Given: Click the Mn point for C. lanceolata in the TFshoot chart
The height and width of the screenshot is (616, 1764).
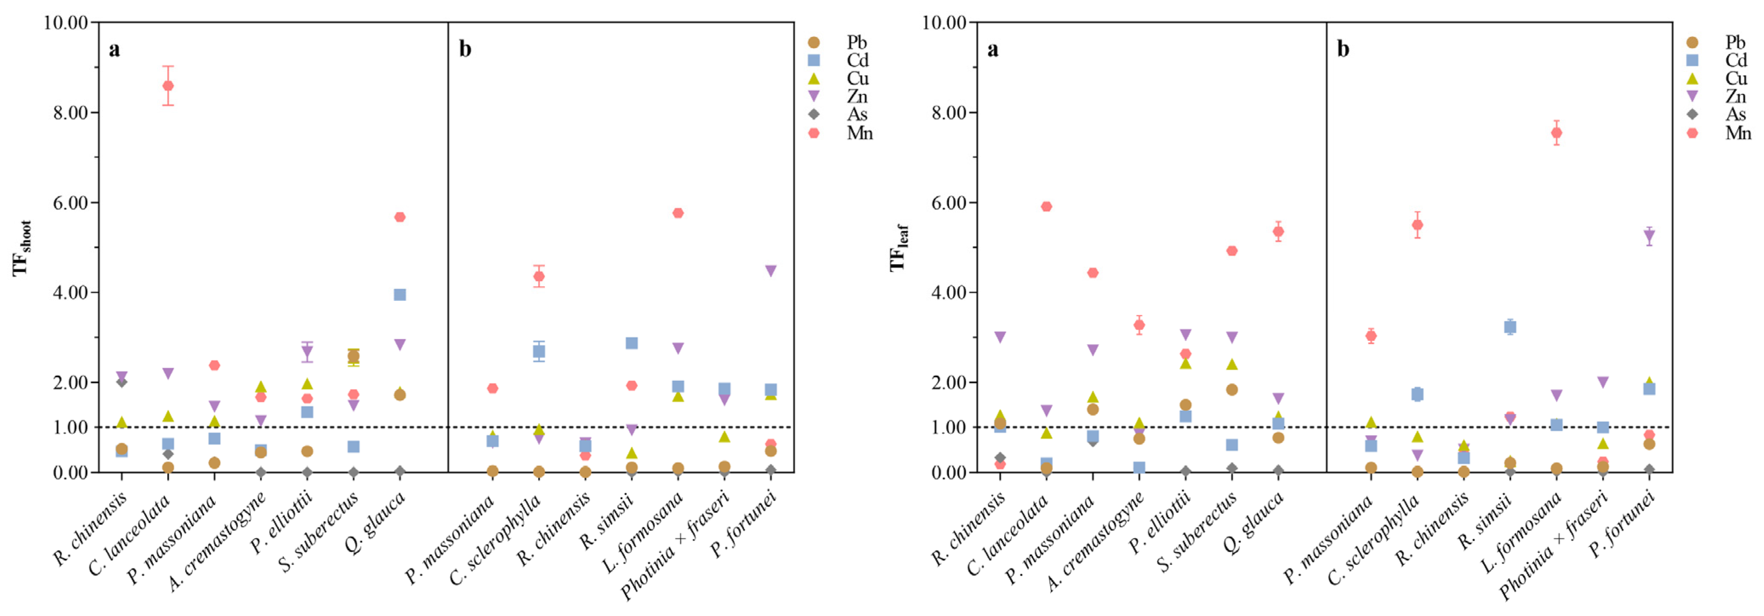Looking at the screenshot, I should click(x=168, y=86).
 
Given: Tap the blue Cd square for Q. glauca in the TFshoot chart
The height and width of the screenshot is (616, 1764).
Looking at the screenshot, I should click(x=400, y=295).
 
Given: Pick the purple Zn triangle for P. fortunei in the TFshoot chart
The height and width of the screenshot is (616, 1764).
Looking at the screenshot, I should click(x=770, y=271).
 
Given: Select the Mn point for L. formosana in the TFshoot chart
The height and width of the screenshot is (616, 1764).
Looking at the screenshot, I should click(x=678, y=213).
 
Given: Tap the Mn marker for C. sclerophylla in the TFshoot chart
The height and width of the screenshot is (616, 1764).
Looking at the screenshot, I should click(x=539, y=276).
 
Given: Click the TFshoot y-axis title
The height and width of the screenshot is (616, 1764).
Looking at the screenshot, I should click(x=22, y=248).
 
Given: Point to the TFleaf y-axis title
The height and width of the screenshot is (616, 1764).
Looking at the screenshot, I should click(x=899, y=248).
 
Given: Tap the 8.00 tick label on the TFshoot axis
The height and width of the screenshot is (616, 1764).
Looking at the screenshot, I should click(x=71, y=112).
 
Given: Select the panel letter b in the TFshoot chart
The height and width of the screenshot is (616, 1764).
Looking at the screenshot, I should click(x=465, y=49).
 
